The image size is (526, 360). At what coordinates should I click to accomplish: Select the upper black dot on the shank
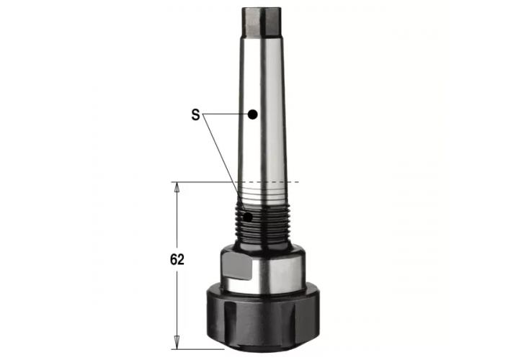click(252, 114)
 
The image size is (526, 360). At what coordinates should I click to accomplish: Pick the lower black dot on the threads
click(247, 216)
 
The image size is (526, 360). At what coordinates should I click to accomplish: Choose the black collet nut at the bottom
click(260, 317)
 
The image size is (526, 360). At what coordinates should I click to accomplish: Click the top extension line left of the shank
click(202, 181)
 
